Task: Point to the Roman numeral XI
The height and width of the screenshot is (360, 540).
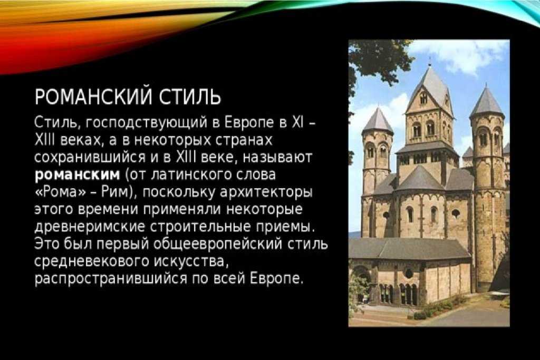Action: [297, 122]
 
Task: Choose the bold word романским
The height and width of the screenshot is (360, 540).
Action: [78, 175]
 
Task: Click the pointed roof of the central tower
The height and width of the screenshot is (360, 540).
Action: [430, 90]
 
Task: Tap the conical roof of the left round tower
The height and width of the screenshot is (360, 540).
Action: [378, 121]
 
